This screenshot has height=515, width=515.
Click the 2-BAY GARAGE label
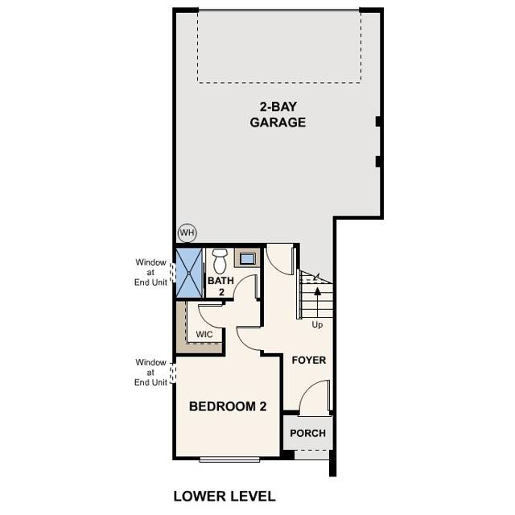[x=277, y=115]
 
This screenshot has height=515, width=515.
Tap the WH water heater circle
[x=187, y=233]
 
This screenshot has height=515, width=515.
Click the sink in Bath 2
[x=247, y=259]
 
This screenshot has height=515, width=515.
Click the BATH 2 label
[x=220, y=286]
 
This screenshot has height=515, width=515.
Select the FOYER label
[x=308, y=360]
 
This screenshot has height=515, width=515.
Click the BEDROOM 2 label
[x=228, y=406]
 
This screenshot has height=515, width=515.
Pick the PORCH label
[x=307, y=433]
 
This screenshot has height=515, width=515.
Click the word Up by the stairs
[x=319, y=324]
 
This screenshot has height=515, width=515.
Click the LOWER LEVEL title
[x=225, y=496]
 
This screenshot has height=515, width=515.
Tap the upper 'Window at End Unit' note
[x=150, y=271]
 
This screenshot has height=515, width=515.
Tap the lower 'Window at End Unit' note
[x=150, y=373]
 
